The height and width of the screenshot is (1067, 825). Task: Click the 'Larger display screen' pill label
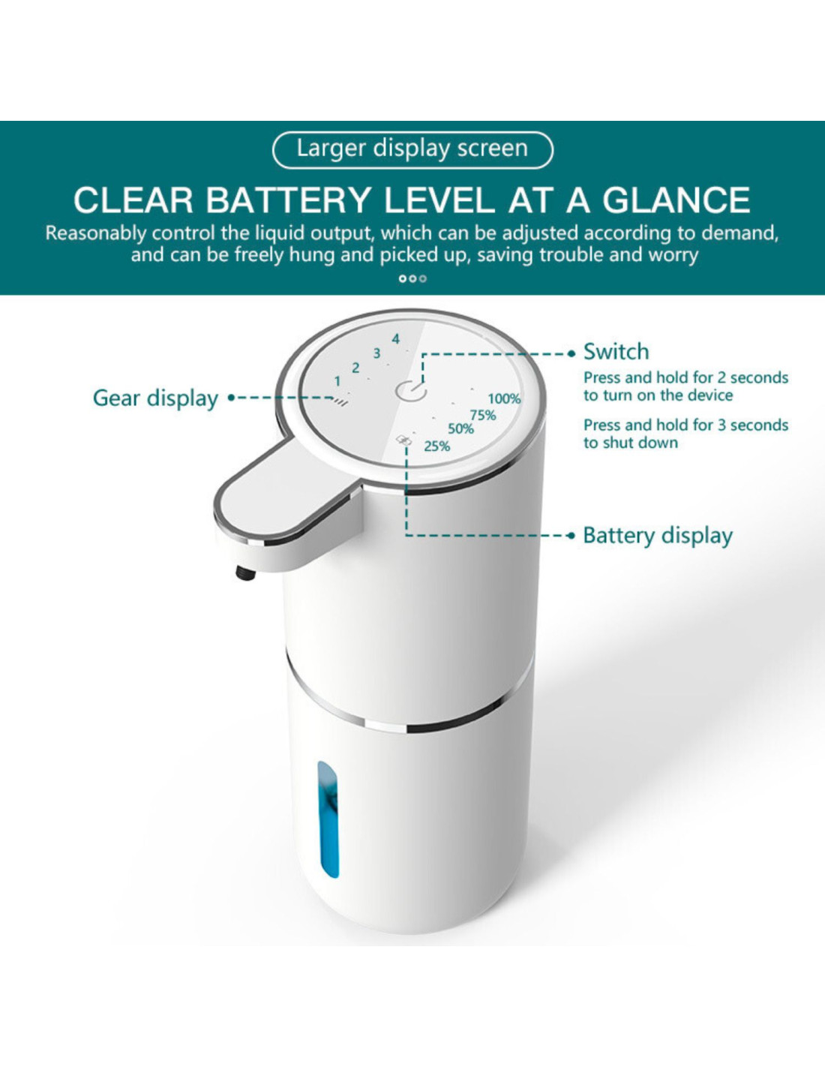[412, 149]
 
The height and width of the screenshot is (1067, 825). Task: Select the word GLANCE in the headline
[676, 200]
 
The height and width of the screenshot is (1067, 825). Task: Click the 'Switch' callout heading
[616, 352]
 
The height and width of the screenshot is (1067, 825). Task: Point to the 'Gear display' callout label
[155, 398]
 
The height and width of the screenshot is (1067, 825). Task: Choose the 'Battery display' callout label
[658, 535]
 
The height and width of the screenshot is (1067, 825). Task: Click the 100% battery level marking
[504, 398]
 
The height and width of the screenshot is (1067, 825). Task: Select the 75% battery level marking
[483, 416]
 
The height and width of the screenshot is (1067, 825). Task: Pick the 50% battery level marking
[460, 429]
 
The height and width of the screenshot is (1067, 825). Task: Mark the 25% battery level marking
[436, 446]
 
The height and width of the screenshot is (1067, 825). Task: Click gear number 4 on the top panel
[395, 339]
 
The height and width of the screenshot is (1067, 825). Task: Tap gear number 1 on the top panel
[337, 381]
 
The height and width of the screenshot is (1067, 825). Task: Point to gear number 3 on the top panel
[376, 353]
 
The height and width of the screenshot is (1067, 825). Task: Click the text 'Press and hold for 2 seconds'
[685, 378]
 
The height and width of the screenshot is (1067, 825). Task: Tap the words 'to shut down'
[631, 443]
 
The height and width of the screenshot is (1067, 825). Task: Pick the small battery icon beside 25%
[404, 441]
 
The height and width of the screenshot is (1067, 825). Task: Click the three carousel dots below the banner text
[412, 278]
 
